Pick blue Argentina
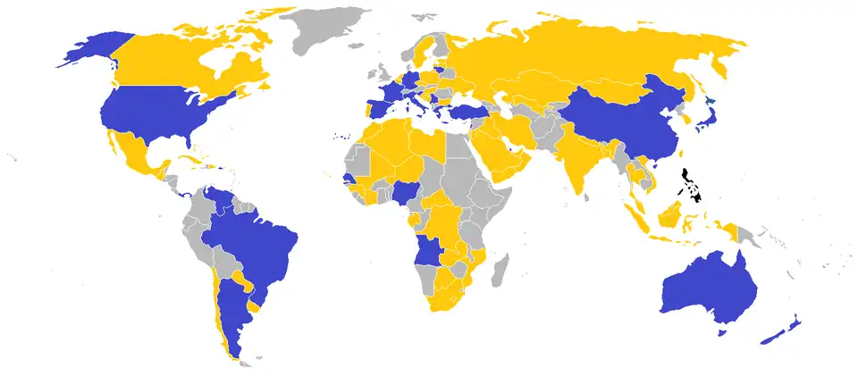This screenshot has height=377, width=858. point(234,304)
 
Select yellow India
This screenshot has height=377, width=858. point(572,165)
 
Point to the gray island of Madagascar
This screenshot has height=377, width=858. point(500,268)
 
